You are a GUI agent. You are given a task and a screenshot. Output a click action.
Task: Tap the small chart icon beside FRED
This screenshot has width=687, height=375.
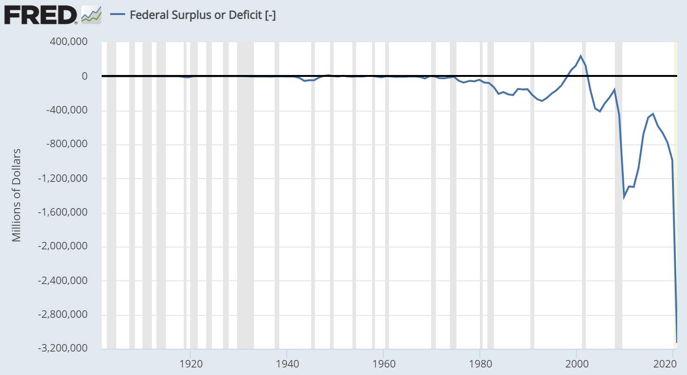pos(91,15)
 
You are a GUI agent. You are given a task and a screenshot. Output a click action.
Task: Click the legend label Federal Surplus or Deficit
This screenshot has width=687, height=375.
pos(202,15)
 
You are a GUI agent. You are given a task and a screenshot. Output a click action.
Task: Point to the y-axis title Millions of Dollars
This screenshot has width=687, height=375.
pos(17,195)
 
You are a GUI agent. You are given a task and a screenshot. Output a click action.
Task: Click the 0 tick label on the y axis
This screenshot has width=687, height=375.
pos(84,76)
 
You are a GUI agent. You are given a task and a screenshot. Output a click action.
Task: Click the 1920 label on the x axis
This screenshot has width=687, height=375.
pos(190,364)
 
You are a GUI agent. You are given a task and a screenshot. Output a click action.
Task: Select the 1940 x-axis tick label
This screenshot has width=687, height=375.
pos(287,364)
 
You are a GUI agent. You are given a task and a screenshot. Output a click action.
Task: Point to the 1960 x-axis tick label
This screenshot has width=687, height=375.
pos(384,364)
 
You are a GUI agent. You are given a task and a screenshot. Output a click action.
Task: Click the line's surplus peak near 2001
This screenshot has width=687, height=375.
pos(581,56)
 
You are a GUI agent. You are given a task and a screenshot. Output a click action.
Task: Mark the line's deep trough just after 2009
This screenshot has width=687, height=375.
pos(624,197)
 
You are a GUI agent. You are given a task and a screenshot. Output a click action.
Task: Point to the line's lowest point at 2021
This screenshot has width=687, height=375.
pos(677,342)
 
